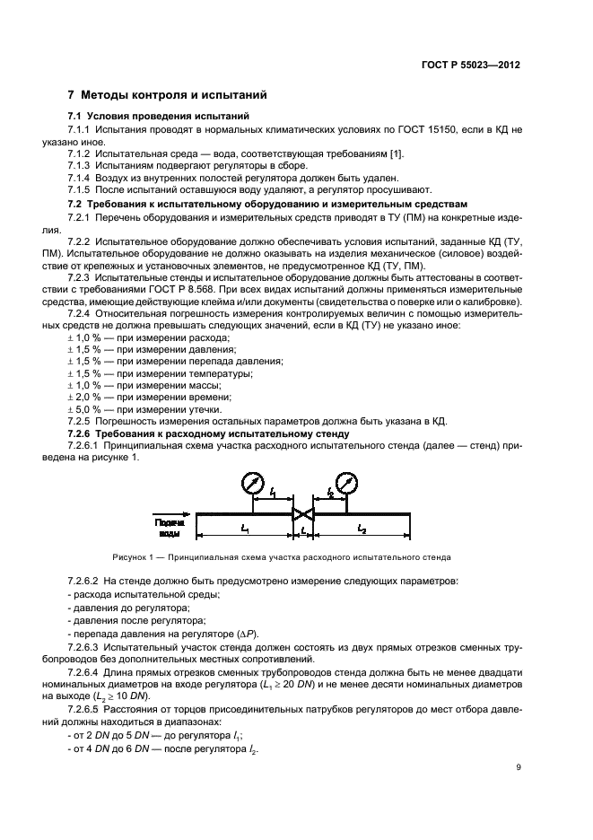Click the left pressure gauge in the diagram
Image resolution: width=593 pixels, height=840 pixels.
tap(253, 485)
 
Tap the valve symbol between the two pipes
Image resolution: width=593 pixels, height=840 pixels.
tap(304, 515)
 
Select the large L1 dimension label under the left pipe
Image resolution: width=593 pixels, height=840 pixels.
tap(243, 530)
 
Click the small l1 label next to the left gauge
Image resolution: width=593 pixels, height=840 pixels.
tap(273, 492)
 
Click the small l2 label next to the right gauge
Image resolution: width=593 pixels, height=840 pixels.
tap(328, 492)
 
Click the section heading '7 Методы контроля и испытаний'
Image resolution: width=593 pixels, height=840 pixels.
tap(166, 94)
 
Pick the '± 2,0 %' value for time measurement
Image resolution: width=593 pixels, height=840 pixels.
tap(83, 396)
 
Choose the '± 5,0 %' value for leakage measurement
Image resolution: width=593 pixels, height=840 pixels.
tap(83, 408)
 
